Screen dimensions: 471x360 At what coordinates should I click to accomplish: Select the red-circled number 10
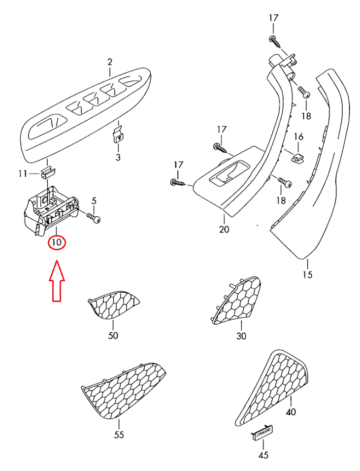pyautogui.click(x=57, y=242)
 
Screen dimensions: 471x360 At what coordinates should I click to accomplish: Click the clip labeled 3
pyautogui.click(x=118, y=134)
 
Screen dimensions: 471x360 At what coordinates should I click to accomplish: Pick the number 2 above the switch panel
pyautogui.click(x=110, y=62)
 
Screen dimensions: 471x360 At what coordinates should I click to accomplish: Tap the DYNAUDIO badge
pyautogui.click(x=264, y=433)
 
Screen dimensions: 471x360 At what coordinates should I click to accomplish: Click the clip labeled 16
pyautogui.click(x=297, y=158)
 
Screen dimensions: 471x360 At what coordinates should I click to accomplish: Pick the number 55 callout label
pyautogui.click(x=119, y=435)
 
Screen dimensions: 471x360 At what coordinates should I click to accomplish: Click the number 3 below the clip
pyautogui.click(x=118, y=157)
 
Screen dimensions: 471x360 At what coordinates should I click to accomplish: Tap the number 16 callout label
pyautogui.click(x=298, y=136)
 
